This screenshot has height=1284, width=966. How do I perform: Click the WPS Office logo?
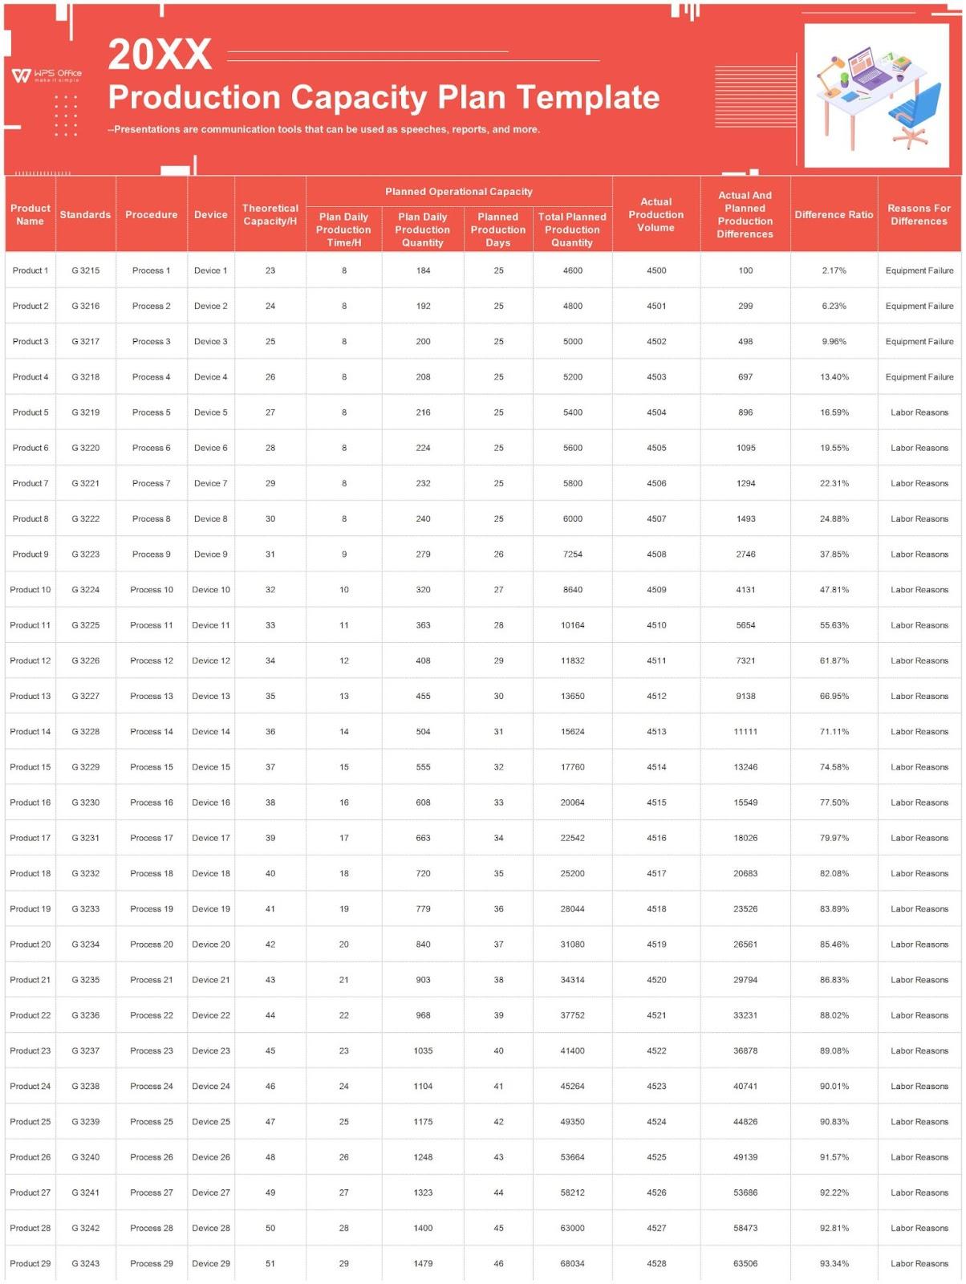(47, 75)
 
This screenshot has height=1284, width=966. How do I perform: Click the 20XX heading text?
(160, 55)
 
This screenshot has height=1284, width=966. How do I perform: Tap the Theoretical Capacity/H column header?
(270, 214)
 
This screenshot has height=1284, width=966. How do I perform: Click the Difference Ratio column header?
(834, 214)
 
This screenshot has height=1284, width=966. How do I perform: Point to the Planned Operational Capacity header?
(458, 192)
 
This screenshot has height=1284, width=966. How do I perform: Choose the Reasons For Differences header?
(919, 214)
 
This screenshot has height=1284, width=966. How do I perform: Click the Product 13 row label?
(30, 696)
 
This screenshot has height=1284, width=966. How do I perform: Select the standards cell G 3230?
(86, 802)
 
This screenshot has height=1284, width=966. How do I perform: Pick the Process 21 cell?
(152, 980)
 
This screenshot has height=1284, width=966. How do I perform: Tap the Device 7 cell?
(211, 483)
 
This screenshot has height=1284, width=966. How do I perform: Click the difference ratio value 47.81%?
(834, 590)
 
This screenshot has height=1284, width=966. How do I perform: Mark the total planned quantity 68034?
(572, 1263)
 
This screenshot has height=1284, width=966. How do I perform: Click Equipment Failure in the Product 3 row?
(919, 341)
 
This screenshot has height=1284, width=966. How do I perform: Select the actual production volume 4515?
(656, 802)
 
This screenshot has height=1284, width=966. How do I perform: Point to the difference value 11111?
(745, 732)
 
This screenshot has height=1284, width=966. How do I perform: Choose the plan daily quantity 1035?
(423, 1050)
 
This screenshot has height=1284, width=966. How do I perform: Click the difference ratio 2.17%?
(834, 270)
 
